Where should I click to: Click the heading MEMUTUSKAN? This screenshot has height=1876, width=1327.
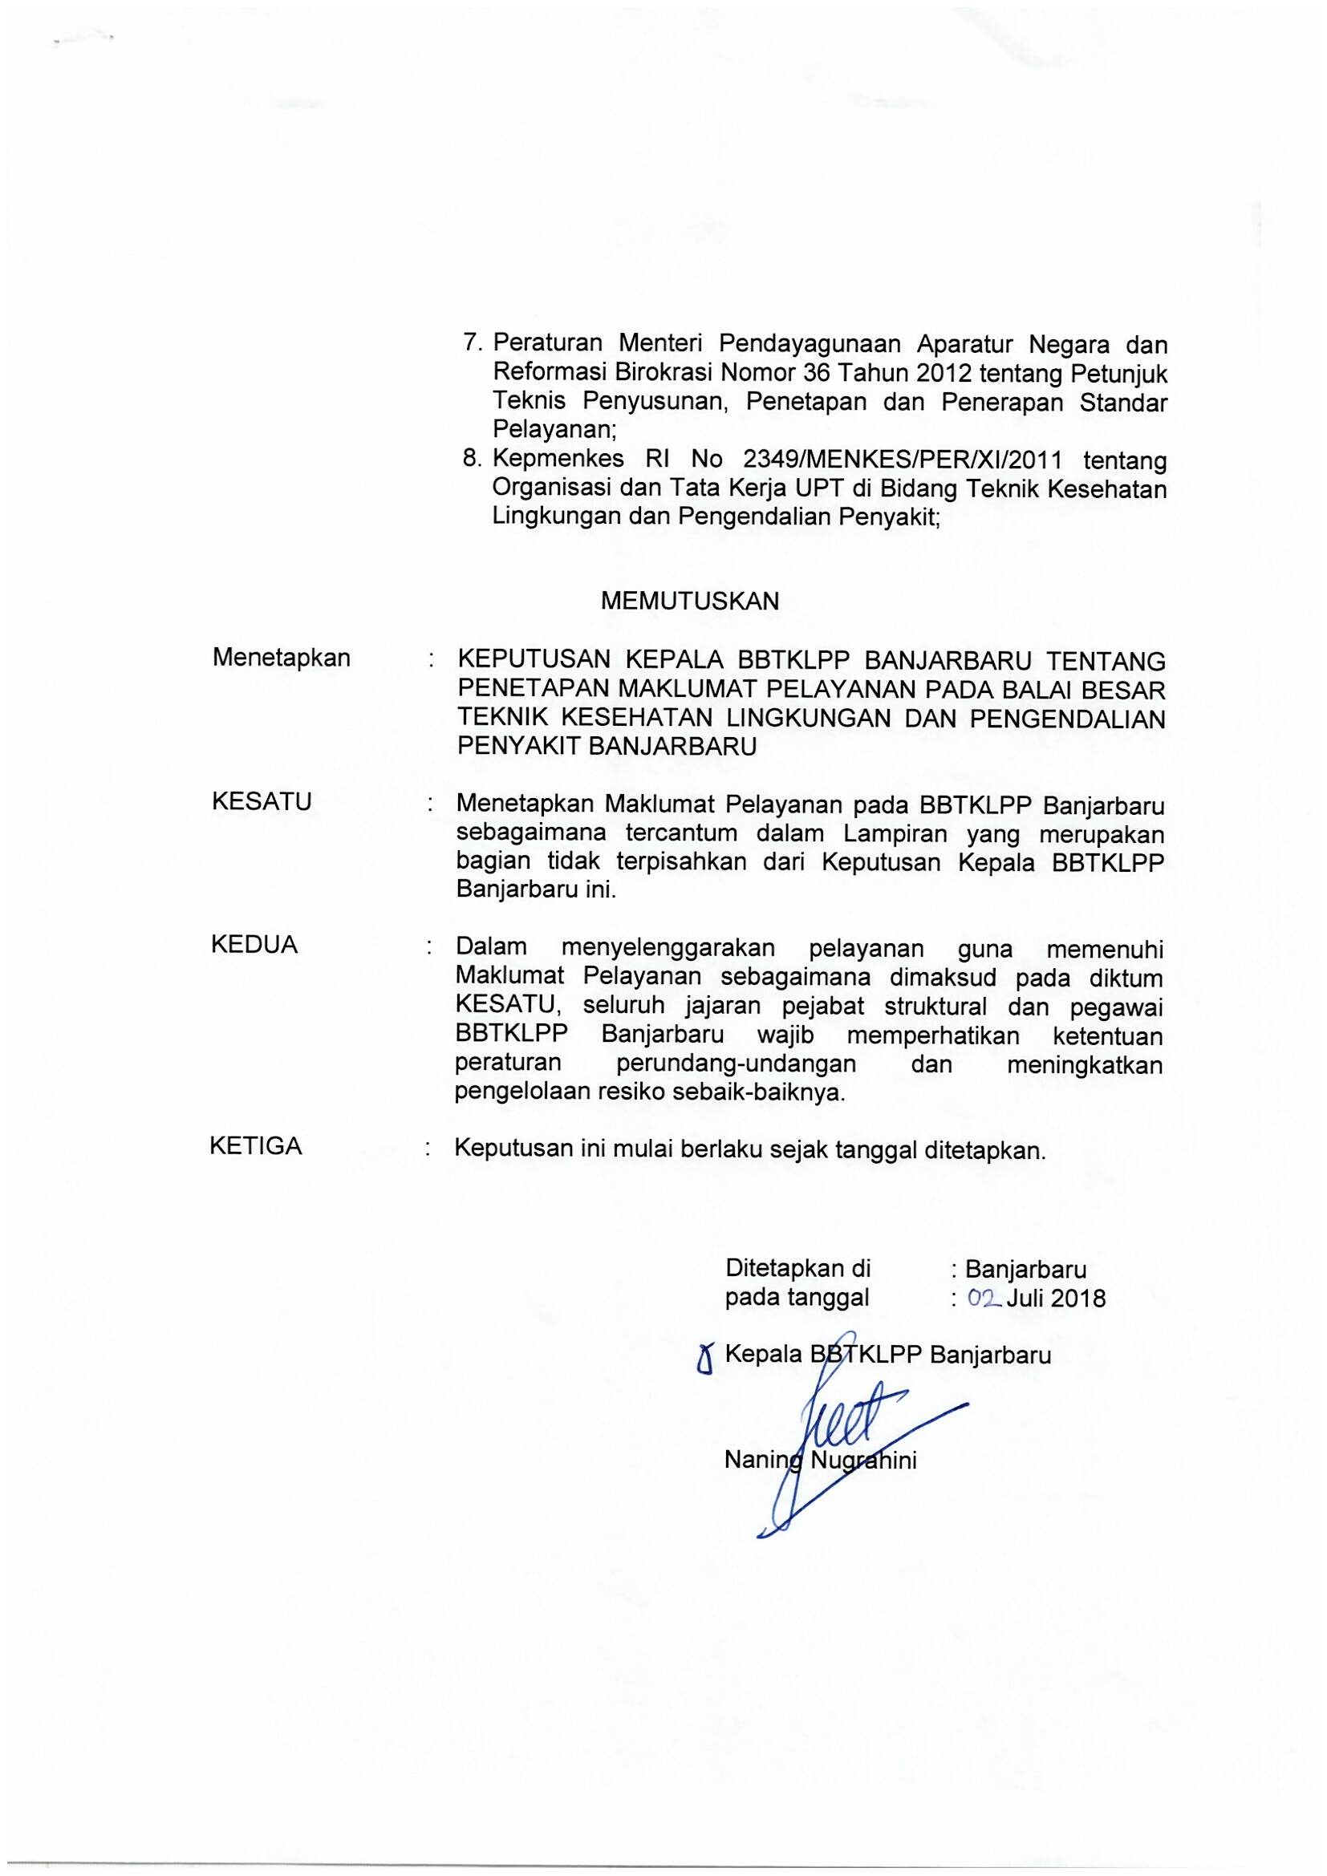[690, 602]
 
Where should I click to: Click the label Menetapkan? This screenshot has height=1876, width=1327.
[281, 658]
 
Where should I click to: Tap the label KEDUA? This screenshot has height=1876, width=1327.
[254, 946]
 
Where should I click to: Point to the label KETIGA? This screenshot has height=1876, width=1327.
[256, 1146]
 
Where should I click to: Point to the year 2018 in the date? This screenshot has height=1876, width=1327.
[1078, 1299]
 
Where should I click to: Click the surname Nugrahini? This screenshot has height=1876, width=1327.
[863, 1461]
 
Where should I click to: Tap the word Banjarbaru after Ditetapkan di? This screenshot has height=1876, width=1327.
[1025, 1269]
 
